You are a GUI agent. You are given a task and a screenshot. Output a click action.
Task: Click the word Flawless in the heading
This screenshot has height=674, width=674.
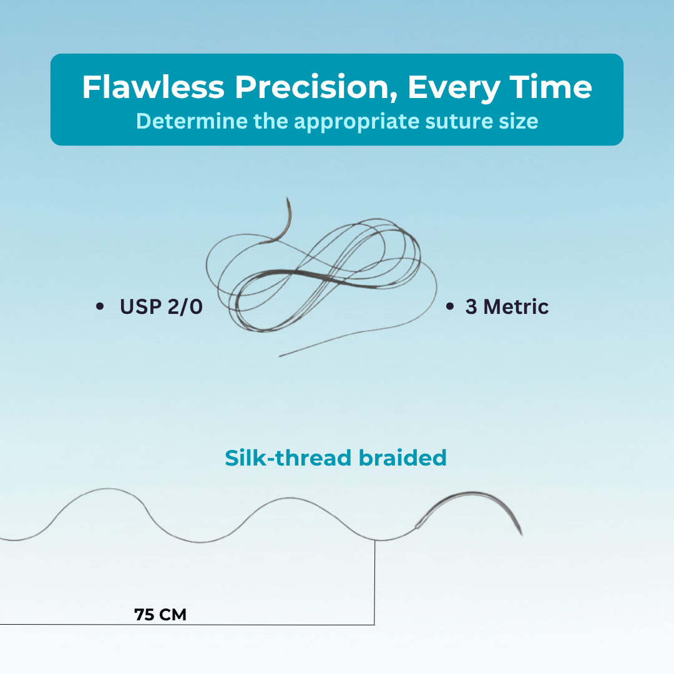154,87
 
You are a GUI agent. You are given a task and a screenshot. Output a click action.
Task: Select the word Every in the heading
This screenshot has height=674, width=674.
454,89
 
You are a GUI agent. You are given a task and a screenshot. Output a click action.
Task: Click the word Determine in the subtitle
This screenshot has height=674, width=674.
192,121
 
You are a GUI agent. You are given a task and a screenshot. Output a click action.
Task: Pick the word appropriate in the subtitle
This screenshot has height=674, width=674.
356,122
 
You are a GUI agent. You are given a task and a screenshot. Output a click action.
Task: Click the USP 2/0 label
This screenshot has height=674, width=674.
161,307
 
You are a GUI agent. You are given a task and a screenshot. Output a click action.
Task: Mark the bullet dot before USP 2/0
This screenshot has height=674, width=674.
100,306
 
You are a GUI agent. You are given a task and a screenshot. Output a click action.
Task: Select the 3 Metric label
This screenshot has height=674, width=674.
507,307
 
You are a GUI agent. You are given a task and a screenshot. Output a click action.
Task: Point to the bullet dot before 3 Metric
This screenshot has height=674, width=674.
450,306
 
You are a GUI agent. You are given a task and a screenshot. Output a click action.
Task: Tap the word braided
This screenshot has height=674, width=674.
403,458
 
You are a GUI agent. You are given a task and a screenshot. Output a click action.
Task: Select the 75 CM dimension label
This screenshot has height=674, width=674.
160,615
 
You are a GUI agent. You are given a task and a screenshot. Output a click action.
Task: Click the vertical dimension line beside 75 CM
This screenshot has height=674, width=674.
375,582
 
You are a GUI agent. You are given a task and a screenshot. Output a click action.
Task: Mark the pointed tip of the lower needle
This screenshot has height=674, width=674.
522,535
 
